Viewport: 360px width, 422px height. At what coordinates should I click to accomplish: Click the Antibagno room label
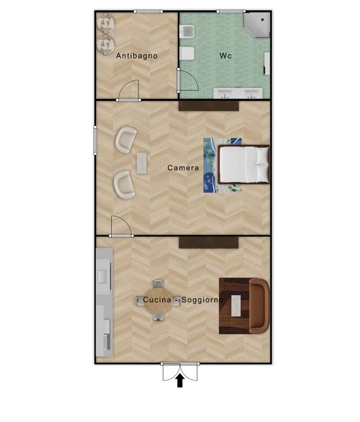point(137,56)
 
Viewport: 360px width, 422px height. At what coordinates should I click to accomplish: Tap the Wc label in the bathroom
point(225,56)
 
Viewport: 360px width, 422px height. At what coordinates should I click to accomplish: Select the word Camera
point(183,168)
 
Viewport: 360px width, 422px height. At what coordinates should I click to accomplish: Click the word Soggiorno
point(202,299)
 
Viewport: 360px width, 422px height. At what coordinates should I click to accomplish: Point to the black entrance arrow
point(180,381)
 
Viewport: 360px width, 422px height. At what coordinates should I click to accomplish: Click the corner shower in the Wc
point(257,25)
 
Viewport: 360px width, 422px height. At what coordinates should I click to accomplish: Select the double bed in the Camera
point(244,164)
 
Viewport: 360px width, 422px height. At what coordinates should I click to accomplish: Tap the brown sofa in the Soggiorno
point(258,306)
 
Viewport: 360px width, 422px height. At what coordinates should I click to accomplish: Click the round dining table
point(158,301)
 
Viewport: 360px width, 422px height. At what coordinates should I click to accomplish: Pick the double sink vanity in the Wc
point(238,93)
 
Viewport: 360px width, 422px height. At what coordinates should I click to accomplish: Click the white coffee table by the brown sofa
point(236,306)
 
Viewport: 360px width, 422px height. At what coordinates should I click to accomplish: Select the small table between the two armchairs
point(142,163)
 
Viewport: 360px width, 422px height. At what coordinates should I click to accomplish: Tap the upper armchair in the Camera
point(126,140)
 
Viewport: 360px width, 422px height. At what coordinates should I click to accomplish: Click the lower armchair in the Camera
point(124,184)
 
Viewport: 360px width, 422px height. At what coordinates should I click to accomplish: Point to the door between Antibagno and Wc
point(187,81)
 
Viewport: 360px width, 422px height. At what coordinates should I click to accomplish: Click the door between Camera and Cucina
point(121,227)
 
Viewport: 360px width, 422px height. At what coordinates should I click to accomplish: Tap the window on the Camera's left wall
point(95,140)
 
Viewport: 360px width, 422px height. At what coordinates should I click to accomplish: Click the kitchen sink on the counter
point(102,276)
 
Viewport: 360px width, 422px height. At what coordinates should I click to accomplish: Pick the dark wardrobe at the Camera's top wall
point(209,105)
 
